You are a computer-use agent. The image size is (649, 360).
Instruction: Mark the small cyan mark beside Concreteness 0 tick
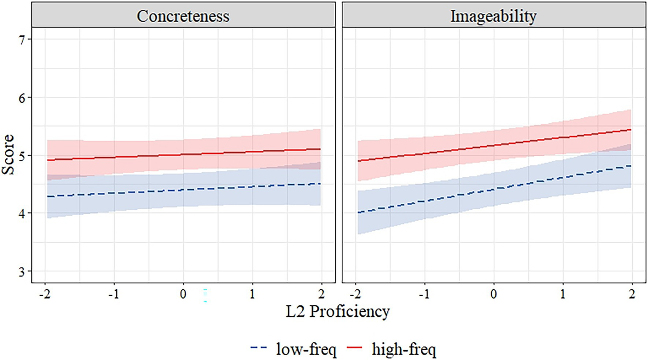[205, 295]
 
